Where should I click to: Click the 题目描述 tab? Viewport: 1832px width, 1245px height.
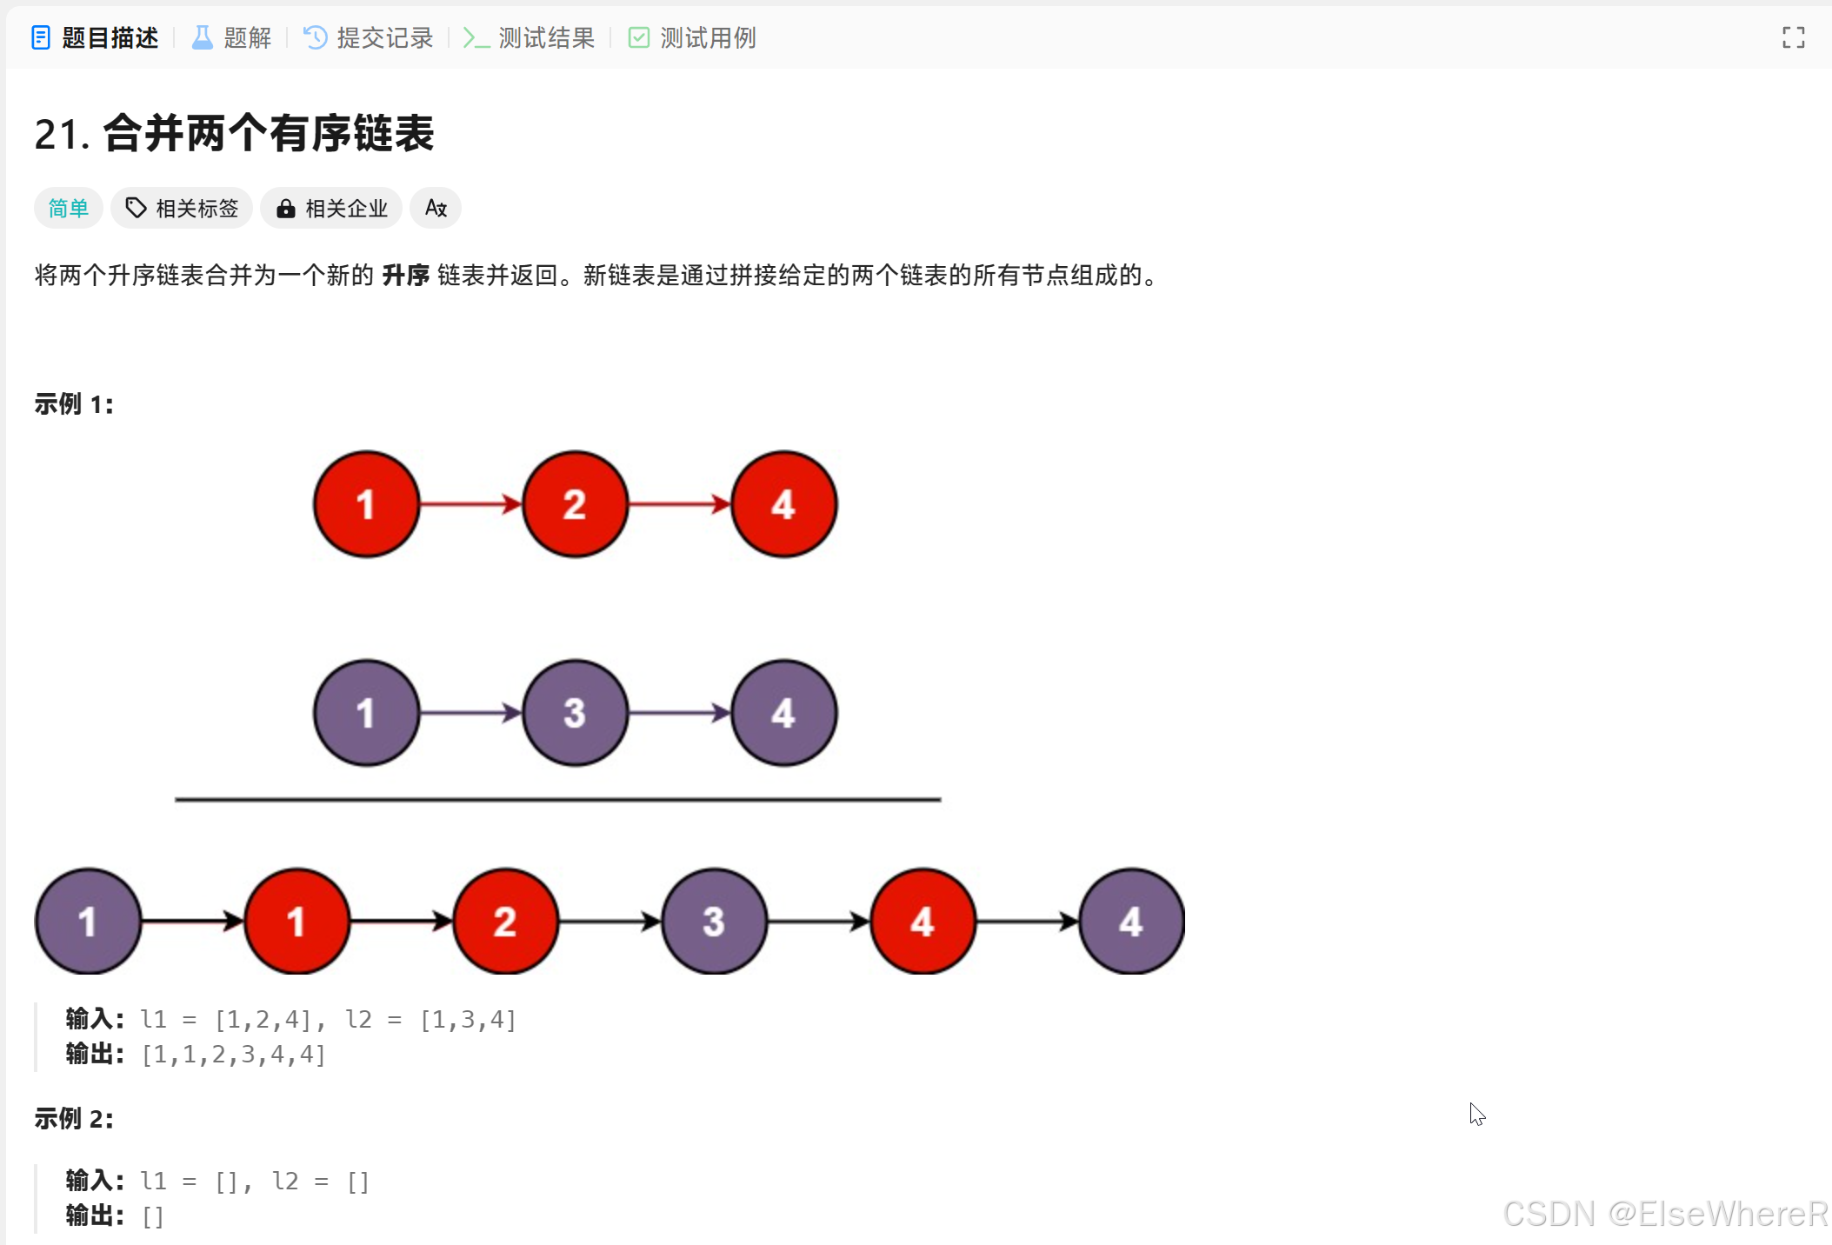(x=96, y=38)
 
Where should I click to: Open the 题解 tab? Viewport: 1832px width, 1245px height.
(x=231, y=38)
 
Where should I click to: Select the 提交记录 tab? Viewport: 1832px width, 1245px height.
(x=369, y=38)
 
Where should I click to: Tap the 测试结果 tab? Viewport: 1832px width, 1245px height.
(x=530, y=38)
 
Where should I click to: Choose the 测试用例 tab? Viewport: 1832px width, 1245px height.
(x=692, y=38)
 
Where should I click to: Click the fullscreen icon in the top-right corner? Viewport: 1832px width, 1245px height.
(x=1793, y=38)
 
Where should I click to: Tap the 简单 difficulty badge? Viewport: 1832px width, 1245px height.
(x=69, y=209)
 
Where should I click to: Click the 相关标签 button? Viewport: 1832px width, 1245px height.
(x=183, y=209)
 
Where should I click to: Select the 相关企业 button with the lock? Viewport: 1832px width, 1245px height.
(x=332, y=209)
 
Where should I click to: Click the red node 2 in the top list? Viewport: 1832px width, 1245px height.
(x=575, y=504)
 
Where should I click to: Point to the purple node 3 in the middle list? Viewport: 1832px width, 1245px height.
(x=575, y=713)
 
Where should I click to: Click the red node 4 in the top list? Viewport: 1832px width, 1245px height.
(x=783, y=504)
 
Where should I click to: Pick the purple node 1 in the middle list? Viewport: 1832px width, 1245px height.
(x=366, y=713)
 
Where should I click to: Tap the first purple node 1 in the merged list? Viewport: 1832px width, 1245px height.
(x=88, y=922)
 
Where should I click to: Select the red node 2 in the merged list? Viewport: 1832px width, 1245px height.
(x=505, y=922)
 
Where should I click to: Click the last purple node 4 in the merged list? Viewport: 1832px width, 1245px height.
(x=1131, y=922)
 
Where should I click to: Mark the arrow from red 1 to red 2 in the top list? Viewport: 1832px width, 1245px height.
(x=470, y=504)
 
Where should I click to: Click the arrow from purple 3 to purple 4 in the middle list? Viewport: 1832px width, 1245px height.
(x=679, y=713)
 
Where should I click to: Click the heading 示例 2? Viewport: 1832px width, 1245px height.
(x=74, y=1119)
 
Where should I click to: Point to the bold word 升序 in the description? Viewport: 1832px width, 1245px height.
(x=406, y=276)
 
